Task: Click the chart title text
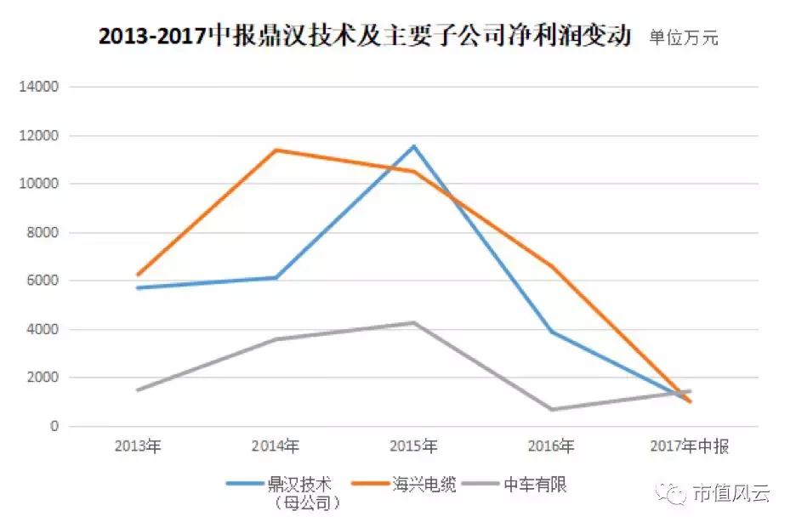(364, 37)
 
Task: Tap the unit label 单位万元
(683, 38)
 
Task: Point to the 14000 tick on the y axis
(40, 87)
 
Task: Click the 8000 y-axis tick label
(43, 232)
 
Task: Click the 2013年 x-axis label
(138, 446)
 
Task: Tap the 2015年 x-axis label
(414, 446)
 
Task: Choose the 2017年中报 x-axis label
(690, 446)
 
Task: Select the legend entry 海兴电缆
(426, 485)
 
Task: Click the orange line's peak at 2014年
(276, 150)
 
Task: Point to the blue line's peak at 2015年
(414, 146)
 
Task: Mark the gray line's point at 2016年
(552, 409)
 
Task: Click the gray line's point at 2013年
(138, 389)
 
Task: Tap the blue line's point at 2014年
(276, 277)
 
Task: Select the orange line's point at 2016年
(552, 266)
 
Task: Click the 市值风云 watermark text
(731, 493)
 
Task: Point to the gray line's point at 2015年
(414, 322)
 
